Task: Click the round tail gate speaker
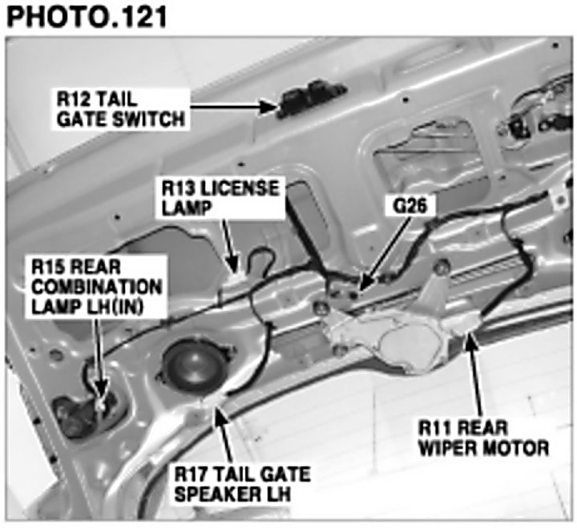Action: (188, 365)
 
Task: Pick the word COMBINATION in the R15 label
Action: (95, 286)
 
